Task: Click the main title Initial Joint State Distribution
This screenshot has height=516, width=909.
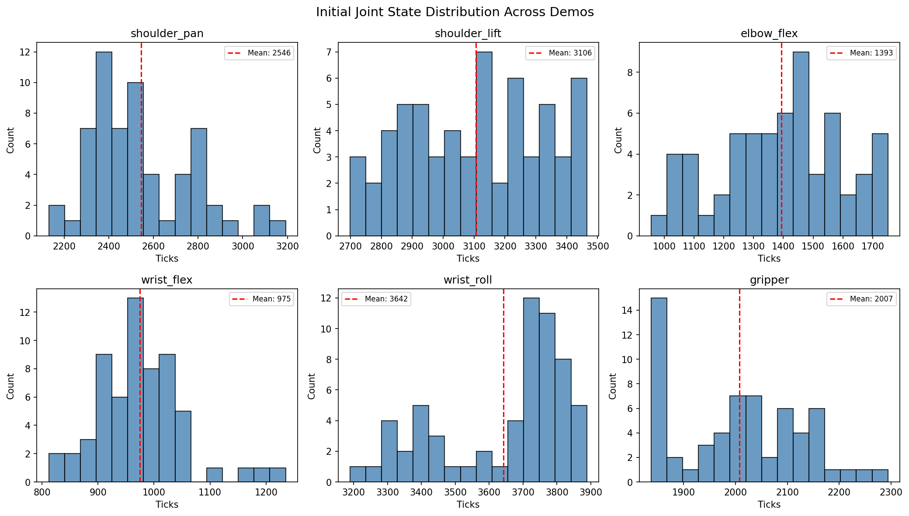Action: pos(454,12)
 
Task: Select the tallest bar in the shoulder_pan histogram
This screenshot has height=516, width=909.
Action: pos(104,144)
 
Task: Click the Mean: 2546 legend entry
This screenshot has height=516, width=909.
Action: pos(259,53)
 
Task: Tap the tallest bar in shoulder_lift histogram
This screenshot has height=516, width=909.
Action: pos(484,144)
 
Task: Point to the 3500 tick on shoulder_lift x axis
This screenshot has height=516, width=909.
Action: pos(598,246)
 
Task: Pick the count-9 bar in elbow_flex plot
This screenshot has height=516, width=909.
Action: pos(801,144)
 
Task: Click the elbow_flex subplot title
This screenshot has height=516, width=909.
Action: pos(769,34)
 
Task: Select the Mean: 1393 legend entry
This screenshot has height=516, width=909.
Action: pos(861,53)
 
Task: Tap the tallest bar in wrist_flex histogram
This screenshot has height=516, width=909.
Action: pos(135,390)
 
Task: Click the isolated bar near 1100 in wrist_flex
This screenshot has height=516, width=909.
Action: pos(215,475)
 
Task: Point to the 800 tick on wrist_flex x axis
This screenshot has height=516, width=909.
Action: pos(42,492)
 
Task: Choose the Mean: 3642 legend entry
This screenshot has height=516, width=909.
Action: pos(376,299)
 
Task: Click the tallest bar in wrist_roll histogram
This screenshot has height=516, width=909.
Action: pos(531,390)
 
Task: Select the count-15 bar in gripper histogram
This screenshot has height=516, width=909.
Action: pos(659,390)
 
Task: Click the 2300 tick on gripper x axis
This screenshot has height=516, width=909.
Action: pos(891,492)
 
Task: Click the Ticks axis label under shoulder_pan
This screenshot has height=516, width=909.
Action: pos(167,258)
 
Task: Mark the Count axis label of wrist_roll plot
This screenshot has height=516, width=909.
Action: pos(311,386)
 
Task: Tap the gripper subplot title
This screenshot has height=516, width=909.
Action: pos(769,280)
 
